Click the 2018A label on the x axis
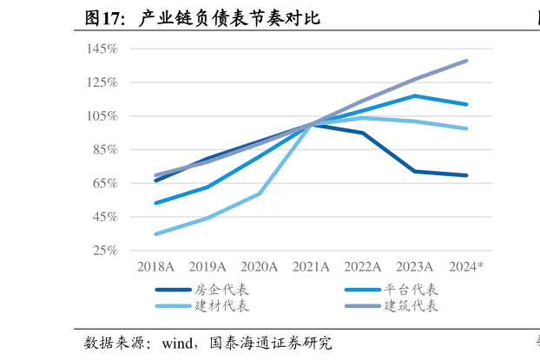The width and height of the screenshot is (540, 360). [155, 266]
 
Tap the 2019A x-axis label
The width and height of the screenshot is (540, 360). [207, 266]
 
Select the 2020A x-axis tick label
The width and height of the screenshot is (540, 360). [259, 266]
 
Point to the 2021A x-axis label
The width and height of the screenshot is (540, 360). [311, 266]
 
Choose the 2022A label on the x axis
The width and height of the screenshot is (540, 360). [363, 266]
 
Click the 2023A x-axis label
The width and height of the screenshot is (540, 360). [414, 266]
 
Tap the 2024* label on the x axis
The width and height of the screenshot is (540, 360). [465, 266]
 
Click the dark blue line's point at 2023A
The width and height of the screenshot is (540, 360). [414, 171]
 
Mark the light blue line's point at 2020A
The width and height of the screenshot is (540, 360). [259, 193]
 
